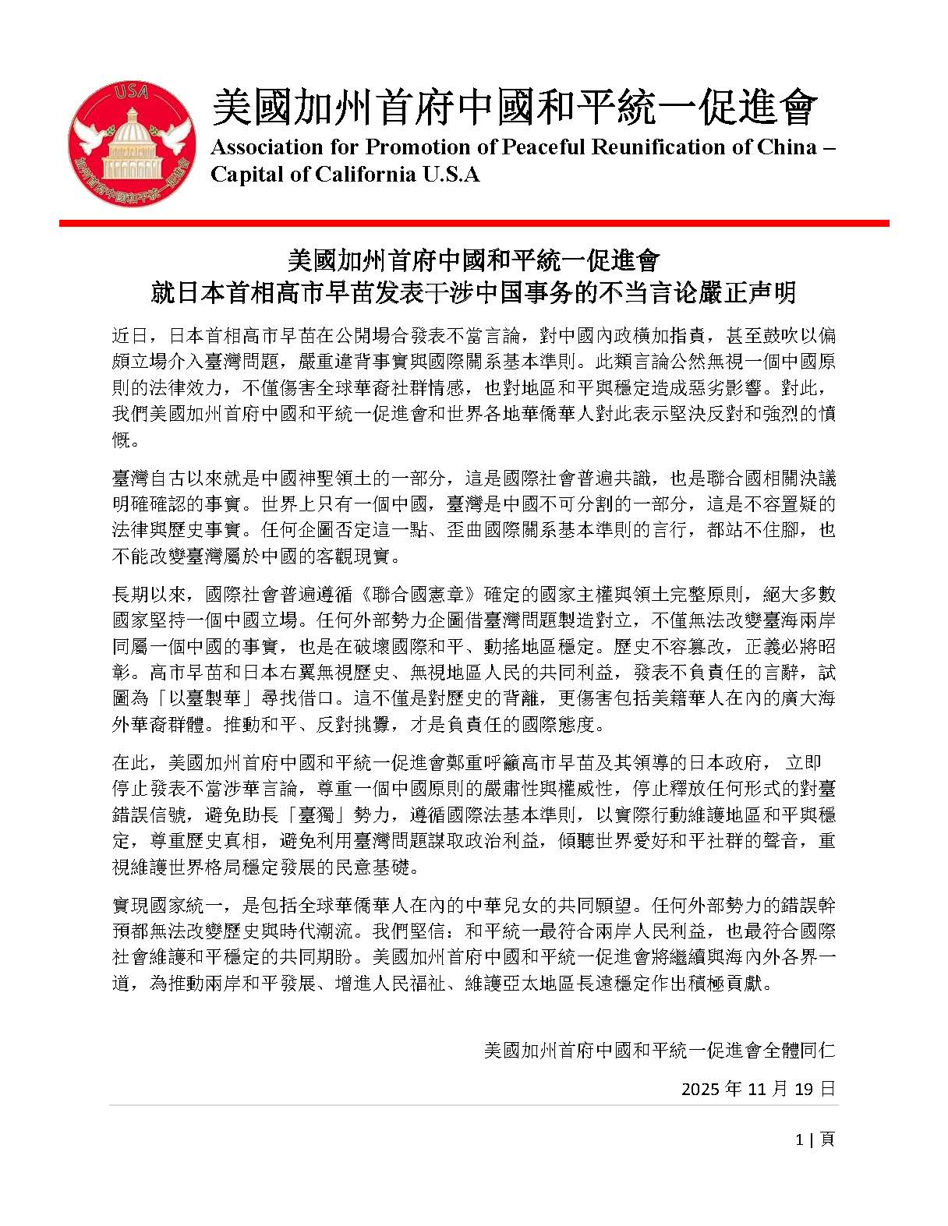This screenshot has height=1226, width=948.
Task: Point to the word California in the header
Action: coord(370,174)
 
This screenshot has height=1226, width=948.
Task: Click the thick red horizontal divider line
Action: coord(474,223)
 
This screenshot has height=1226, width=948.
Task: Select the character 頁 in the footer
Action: coord(827,1139)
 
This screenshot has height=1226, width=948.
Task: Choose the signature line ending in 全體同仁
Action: coord(659,1050)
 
